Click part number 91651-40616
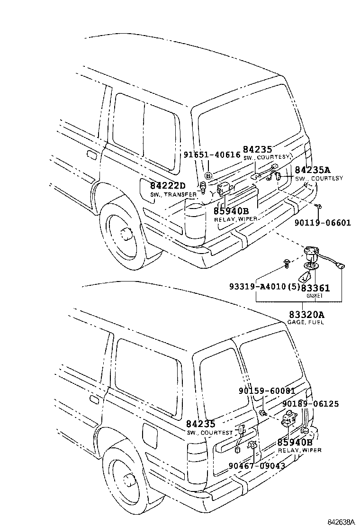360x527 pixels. pyautogui.click(x=212, y=154)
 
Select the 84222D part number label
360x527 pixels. pyautogui.click(x=168, y=186)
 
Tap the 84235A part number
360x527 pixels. pyautogui.click(x=313, y=170)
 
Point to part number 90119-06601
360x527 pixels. pyautogui.click(x=323, y=222)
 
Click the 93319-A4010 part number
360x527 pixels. pyautogui.click(x=258, y=287)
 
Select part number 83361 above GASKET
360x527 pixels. pyautogui.click(x=315, y=287)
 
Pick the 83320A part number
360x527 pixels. pyautogui.click(x=306, y=314)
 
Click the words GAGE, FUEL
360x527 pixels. pyautogui.click(x=306, y=322)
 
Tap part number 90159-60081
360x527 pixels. pyautogui.click(x=267, y=391)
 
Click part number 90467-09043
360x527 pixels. pyautogui.click(x=256, y=466)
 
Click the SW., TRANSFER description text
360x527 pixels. pyautogui.click(x=173, y=195)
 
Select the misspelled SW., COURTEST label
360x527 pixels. pyautogui.click(x=209, y=433)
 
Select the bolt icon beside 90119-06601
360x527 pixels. pyautogui.click(x=319, y=206)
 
